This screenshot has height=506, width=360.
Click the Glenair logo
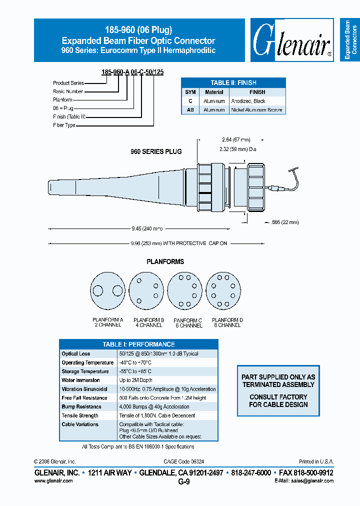click(x=291, y=41)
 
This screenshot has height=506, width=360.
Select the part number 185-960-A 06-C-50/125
click(x=132, y=72)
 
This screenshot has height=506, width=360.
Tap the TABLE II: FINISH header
click(x=233, y=83)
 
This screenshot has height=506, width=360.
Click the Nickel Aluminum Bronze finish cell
click(x=256, y=109)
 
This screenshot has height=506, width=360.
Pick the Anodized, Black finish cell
click(x=248, y=101)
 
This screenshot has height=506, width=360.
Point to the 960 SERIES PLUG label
click(x=156, y=151)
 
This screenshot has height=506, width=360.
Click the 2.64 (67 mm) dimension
click(x=236, y=139)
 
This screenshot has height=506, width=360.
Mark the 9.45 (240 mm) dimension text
click(x=147, y=229)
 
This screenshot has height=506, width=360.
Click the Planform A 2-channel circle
click(x=107, y=291)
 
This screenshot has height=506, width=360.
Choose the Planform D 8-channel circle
click(x=224, y=291)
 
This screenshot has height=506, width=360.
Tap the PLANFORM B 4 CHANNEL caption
click(x=148, y=322)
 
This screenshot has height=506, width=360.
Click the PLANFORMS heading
click(x=165, y=261)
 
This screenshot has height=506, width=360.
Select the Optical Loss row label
click(x=76, y=354)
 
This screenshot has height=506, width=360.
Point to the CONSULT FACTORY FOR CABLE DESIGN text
click(x=278, y=400)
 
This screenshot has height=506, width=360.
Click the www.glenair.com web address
click(x=53, y=481)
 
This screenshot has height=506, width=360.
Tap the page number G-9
click(x=184, y=482)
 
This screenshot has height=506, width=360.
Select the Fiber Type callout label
click(x=64, y=125)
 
